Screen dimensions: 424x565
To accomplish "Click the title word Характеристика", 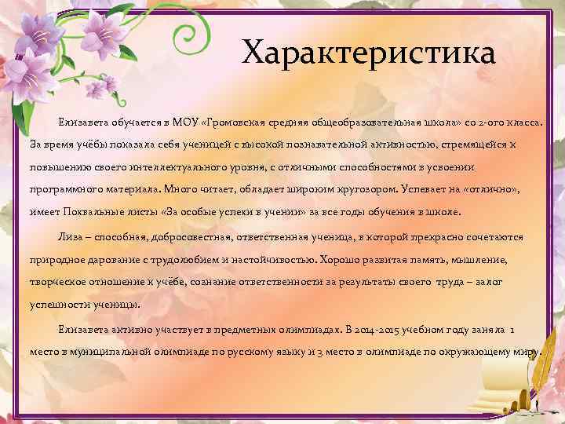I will (369, 54).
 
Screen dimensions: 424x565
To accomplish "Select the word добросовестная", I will (184, 236).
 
